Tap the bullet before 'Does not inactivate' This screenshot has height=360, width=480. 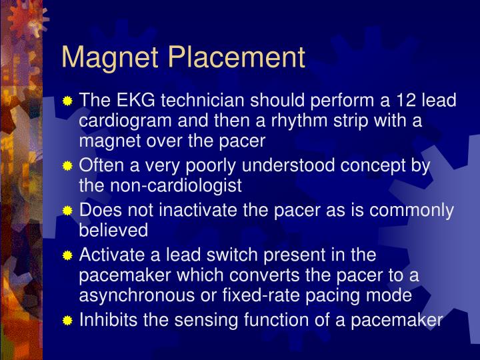coord(67,211)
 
